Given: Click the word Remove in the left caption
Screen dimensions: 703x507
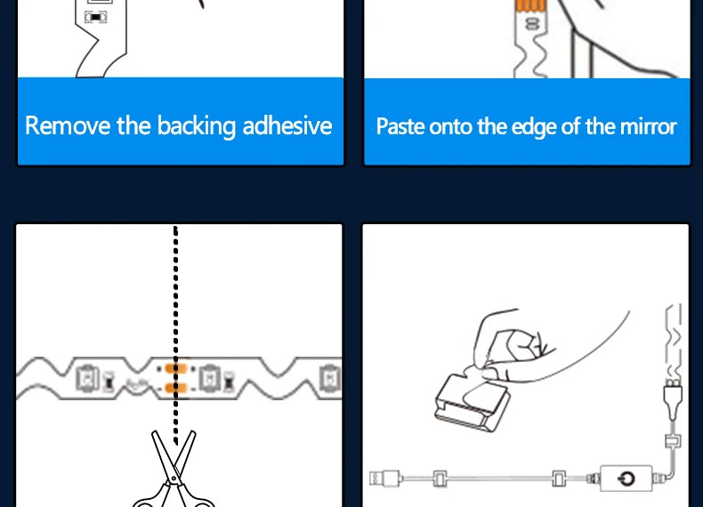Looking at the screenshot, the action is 68,125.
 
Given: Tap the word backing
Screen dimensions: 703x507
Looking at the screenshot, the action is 196,126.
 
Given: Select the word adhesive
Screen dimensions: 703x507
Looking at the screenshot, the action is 287,125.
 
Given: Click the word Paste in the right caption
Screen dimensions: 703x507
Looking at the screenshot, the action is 400,126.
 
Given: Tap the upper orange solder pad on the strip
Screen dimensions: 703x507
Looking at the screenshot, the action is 175,369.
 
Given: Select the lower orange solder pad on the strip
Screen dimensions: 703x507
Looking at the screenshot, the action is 175,388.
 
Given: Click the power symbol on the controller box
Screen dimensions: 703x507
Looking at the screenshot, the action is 626,479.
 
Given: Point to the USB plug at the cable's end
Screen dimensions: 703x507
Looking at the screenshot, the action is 385,479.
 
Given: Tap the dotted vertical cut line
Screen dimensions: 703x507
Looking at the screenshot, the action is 176,335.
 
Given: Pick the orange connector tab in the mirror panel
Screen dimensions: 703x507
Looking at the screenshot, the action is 530,5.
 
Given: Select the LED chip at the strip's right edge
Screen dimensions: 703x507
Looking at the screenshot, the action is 331,379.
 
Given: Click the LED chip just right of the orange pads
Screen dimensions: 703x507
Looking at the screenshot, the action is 209,379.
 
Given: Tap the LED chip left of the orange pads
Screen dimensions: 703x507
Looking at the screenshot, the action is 87,379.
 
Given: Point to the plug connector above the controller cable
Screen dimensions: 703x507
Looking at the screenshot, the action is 673,399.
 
